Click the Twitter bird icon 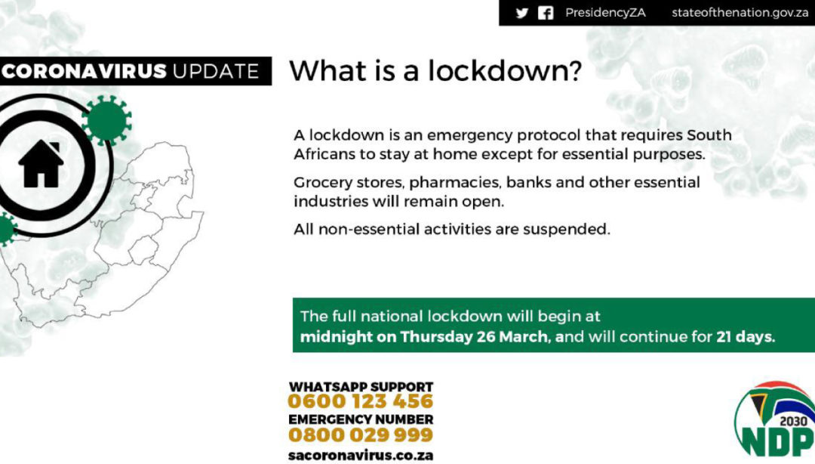522,13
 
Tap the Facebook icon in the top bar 546,13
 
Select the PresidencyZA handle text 605,13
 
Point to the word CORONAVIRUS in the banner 85,71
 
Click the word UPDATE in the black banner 216,71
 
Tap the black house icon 41,163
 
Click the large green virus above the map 106,120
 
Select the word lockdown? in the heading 504,71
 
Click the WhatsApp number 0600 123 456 360,401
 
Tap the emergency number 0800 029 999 360,435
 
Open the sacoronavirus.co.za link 360,455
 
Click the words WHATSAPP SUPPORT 361,387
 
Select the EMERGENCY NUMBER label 361,419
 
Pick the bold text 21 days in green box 746,337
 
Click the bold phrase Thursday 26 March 474,337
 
